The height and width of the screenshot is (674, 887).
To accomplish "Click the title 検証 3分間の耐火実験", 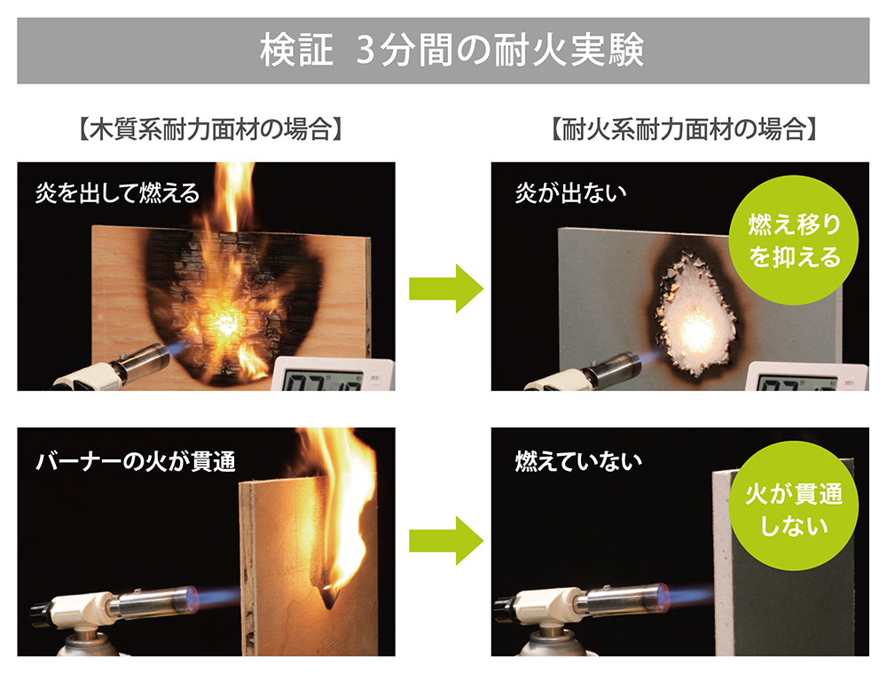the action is [x=451, y=51].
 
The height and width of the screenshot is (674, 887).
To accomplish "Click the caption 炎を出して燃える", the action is [x=118, y=192].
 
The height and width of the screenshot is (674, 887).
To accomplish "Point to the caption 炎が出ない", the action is [x=570, y=192].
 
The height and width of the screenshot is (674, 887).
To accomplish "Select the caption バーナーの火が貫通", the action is [x=136, y=461].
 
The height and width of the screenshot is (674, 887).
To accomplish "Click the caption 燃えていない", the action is [x=578, y=461].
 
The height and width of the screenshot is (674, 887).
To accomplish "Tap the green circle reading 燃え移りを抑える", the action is [x=793, y=240].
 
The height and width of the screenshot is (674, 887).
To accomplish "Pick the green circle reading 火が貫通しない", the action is [x=793, y=506].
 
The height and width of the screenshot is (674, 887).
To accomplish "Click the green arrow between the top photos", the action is [x=446, y=289].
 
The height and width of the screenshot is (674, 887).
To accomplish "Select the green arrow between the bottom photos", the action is [x=446, y=541].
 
